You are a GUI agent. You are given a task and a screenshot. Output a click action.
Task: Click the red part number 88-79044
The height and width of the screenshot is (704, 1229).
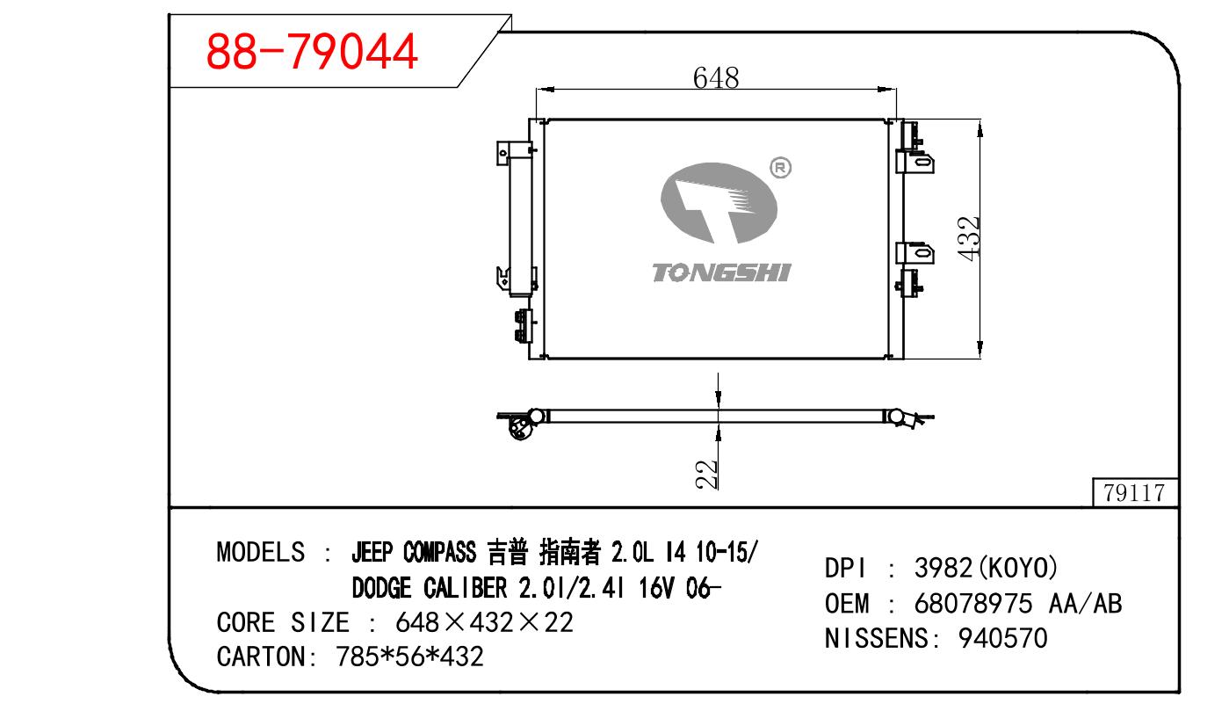[x=312, y=52]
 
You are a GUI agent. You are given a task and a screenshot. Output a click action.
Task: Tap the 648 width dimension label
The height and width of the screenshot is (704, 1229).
[x=716, y=78]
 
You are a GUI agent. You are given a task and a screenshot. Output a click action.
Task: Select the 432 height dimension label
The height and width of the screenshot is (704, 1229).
[x=968, y=238]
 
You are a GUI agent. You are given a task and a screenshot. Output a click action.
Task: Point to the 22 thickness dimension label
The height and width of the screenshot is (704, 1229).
[x=706, y=474]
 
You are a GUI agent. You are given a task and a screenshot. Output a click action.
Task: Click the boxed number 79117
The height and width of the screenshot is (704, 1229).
[x=1134, y=493]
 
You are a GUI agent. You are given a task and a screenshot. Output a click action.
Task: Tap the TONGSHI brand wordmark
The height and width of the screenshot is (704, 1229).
[x=721, y=272]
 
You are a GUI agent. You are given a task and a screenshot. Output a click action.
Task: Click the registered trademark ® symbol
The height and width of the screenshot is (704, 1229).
[x=780, y=168]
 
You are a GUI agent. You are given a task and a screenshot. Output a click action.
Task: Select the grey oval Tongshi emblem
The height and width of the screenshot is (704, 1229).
[x=719, y=203]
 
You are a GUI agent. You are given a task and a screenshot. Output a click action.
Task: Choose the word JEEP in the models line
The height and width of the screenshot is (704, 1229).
[x=372, y=552]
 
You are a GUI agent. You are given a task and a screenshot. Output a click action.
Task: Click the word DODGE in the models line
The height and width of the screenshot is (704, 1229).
[x=381, y=588]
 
